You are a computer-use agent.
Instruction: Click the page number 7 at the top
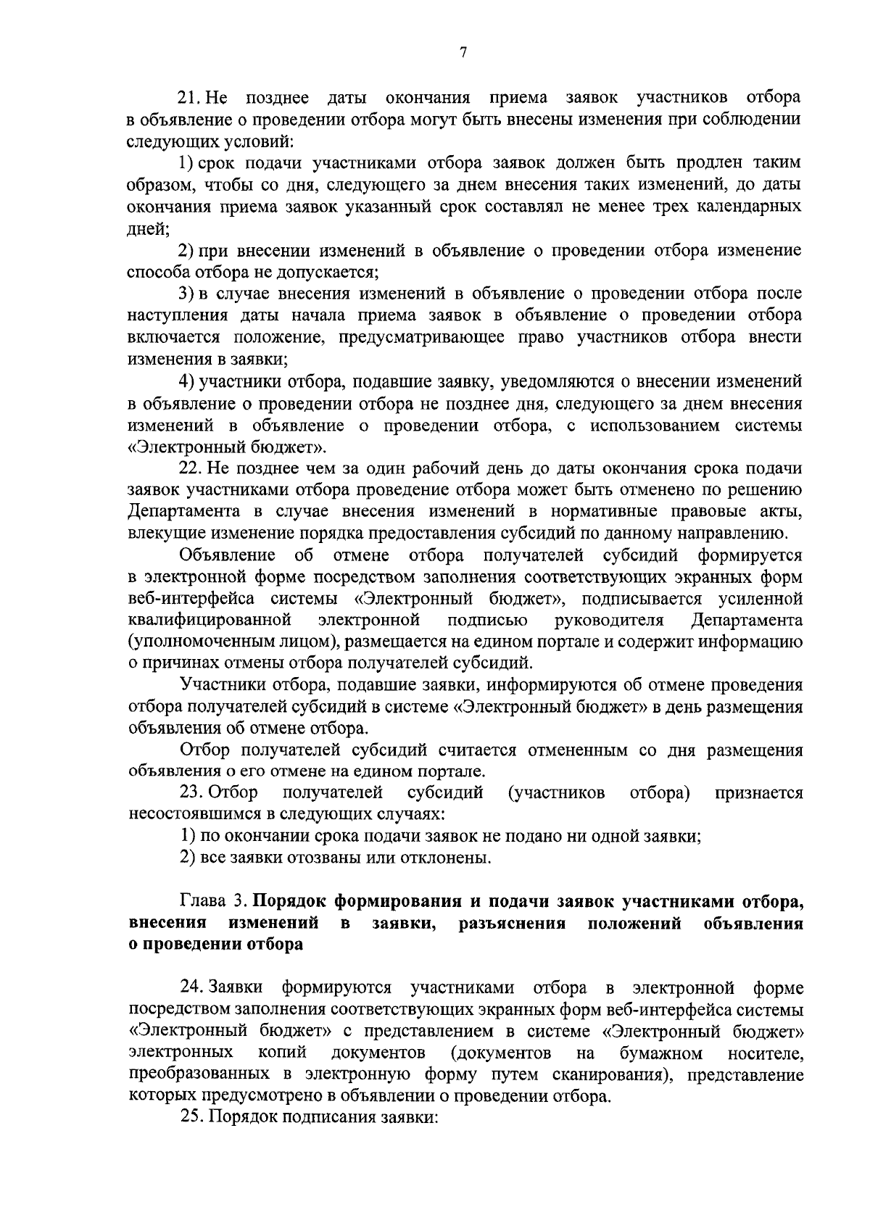pos(463,51)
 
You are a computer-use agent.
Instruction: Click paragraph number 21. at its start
pos(193,98)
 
